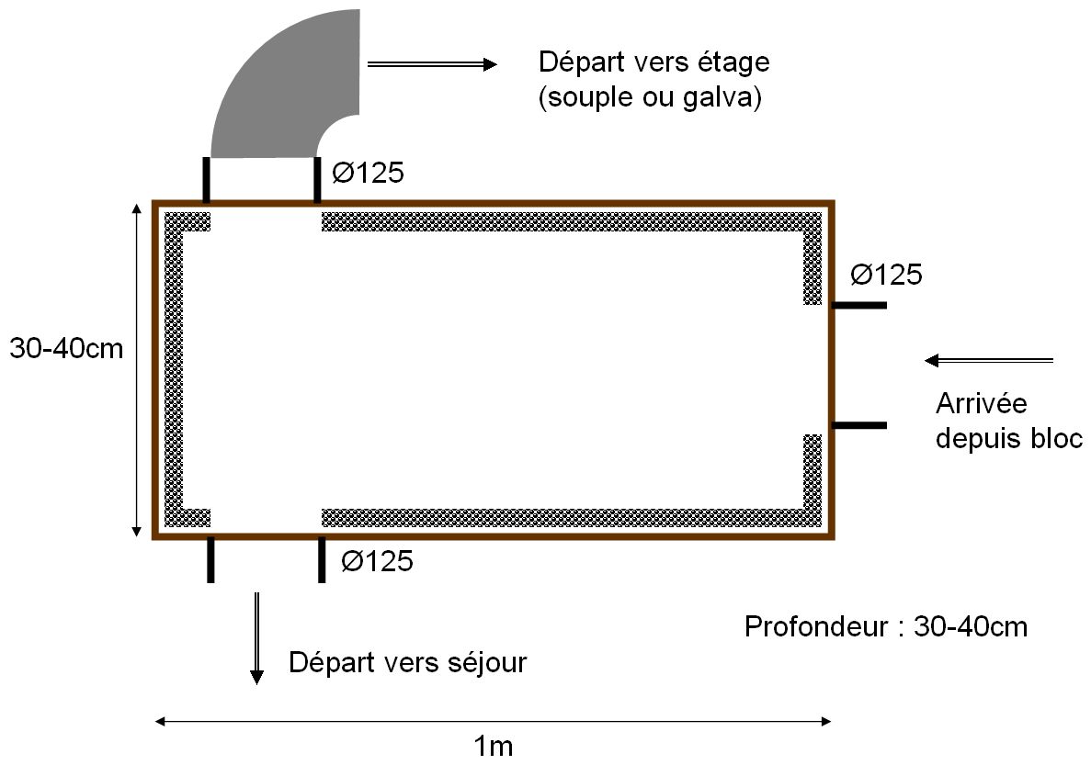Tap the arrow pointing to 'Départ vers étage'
(432, 63)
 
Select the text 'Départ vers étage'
(653, 63)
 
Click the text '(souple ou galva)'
(649, 97)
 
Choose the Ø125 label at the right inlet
(885, 274)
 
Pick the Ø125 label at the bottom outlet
(377, 559)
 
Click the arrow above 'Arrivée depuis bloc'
(989, 360)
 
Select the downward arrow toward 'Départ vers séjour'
(257, 638)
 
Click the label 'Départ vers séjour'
(408, 662)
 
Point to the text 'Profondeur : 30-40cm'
(885, 627)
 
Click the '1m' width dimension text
(494, 746)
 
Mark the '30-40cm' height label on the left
(65, 349)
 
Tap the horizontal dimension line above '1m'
(494, 721)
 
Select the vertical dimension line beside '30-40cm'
(137, 367)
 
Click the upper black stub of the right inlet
(859, 304)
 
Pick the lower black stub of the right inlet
(859, 425)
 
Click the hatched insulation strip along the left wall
(175, 367)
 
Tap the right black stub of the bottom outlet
(322, 559)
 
